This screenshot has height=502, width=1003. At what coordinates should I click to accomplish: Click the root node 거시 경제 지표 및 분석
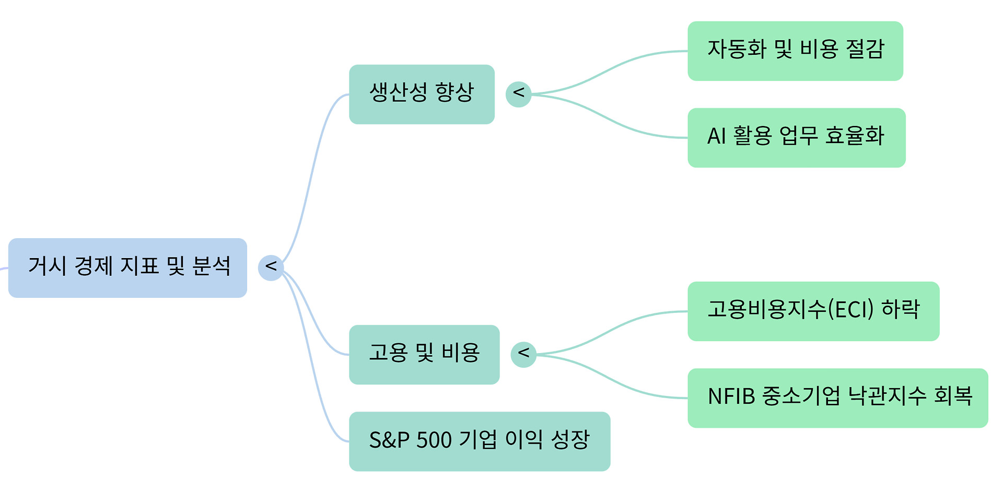pos(127,267)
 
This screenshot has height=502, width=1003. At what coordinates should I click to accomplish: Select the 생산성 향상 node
pos(422,94)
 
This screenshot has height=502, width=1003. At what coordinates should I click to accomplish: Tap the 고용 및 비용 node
pos(424,354)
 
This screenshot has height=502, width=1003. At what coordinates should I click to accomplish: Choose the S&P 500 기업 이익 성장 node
pos(479,441)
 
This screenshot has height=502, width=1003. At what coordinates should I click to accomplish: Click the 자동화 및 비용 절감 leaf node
pos(795,51)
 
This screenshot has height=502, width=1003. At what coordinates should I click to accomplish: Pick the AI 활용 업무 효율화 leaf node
pos(796,137)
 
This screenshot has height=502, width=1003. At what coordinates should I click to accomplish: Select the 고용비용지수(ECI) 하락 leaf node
pos(813,311)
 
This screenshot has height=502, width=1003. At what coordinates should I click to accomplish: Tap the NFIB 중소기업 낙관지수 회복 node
pos(837,398)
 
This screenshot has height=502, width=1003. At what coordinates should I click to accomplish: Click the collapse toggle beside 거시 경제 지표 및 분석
pos(271,267)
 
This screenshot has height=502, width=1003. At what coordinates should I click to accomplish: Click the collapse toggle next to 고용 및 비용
pos(523,354)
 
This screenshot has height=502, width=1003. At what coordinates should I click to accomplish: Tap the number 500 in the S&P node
pos(434,440)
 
